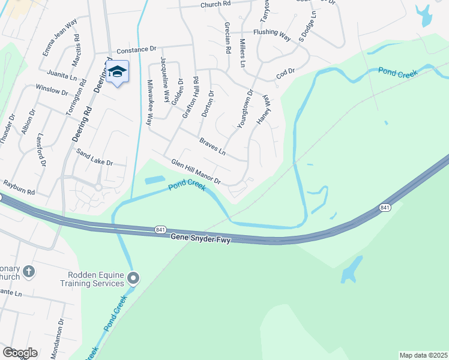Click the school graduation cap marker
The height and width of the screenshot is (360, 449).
click(x=118, y=71)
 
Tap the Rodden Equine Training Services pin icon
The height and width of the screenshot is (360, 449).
click(x=133, y=278)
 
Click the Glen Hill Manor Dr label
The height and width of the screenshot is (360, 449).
click(x=196, y=172)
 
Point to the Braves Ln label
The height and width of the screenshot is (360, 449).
click(x=212, y=146)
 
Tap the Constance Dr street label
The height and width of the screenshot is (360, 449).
click(x=136, y=51)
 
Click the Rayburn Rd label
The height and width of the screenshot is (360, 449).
click(x=19, y=187)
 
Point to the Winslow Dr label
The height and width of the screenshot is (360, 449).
click(x=52, y=90)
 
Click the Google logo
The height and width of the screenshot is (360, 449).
click(x=20, y=353)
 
